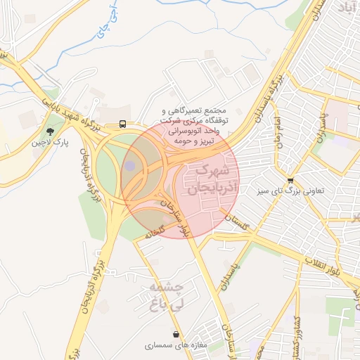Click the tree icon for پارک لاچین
tap(49, 131)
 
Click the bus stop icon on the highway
tap(123, 124)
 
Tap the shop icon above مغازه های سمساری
tap(174, 334)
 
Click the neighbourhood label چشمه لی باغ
tap(166, 295)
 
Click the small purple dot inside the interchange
tap(130, 165)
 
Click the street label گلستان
tap(237, 224)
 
